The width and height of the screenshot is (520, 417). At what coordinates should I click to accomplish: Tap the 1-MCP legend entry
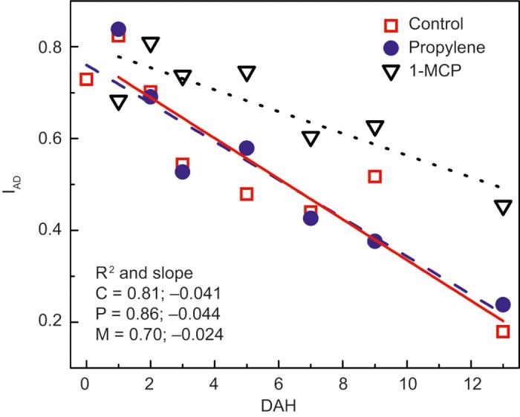pyautogui.click(x=423, y=71)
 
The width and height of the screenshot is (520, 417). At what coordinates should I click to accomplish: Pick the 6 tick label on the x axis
pyautogui.click(x=279, y=385)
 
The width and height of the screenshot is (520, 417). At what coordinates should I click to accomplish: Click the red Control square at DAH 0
pyautogui.click(x=86, y=79)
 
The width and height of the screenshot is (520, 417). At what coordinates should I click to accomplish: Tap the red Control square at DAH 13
pyautogui.click(x=503, y=331)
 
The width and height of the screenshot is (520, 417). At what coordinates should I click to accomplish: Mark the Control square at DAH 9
pyautogui.click(x=374, y=176)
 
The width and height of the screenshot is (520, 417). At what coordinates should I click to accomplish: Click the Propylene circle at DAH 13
pyautogui.click(x=503, y=305)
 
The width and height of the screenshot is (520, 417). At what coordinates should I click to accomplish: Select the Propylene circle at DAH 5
pyautogui.click(x=247, y=148)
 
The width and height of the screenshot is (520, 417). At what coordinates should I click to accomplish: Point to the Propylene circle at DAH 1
pyautogui.click(x=118, y=30)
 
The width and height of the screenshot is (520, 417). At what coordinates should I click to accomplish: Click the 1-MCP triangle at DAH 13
pyautogui.click(x=503, y=207)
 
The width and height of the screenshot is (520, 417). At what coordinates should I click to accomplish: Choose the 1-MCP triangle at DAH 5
pyautogui.click(x=247, y=73)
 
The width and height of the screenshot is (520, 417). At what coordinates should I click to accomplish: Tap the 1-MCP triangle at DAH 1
pyautogui.click(x=118, y=102)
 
